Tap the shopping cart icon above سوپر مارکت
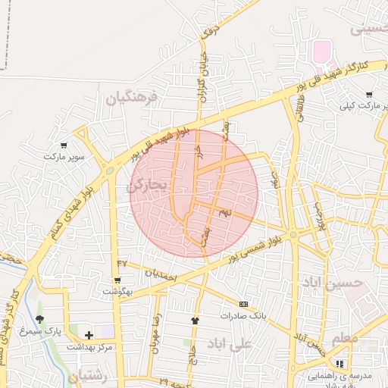[x=64, y=145]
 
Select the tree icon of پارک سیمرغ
[x=39, y=319]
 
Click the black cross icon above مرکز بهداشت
[x=89, y=334]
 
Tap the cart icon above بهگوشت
[x=117, y=280]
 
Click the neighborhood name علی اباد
[x=260, y=346]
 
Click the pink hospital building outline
[x=321, y=52]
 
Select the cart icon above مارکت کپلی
[x=369, y=95]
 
